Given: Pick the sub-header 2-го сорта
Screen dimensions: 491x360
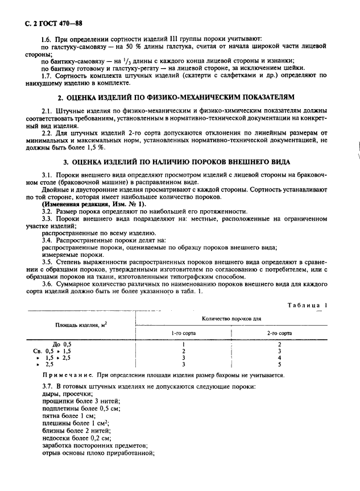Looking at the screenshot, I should tap(280, 333).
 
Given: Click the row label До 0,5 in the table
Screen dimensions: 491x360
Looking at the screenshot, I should tap(62, 344).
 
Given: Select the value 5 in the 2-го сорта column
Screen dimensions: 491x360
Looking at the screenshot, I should tap(280, 364).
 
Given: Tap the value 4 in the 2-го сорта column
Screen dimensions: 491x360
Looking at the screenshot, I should tap(280, 357).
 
